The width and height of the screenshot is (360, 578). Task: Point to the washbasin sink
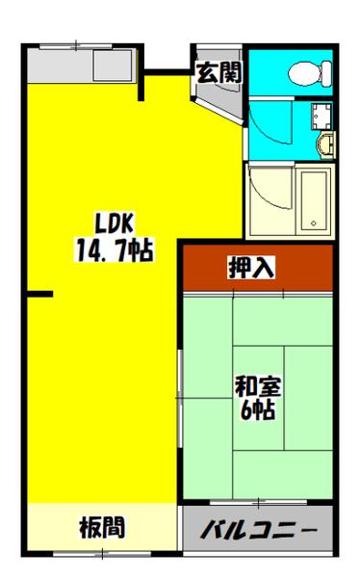325,144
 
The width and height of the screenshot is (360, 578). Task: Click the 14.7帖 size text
114,251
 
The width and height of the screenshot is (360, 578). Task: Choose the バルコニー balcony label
258,531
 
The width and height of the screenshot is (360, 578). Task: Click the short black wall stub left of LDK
39,295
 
